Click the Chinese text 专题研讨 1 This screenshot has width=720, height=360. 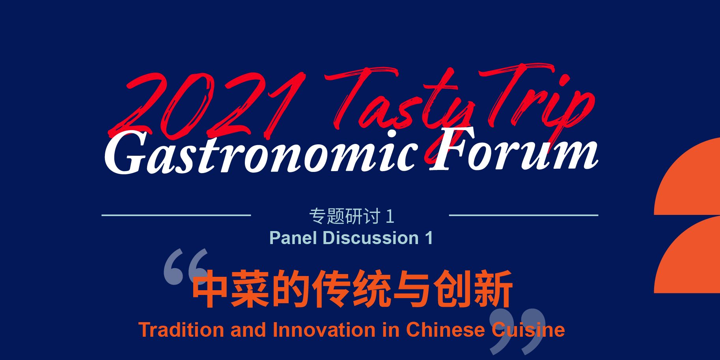point(352,216)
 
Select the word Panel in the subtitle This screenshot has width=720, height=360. point(293,238)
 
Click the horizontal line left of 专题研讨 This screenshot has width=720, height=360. point(176,215)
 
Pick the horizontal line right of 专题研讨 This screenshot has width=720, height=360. point(524,215)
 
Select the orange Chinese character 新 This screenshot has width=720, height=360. point(494,289)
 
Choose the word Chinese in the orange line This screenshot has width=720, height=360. point(445,330)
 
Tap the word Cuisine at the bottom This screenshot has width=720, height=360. point(528,330)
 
